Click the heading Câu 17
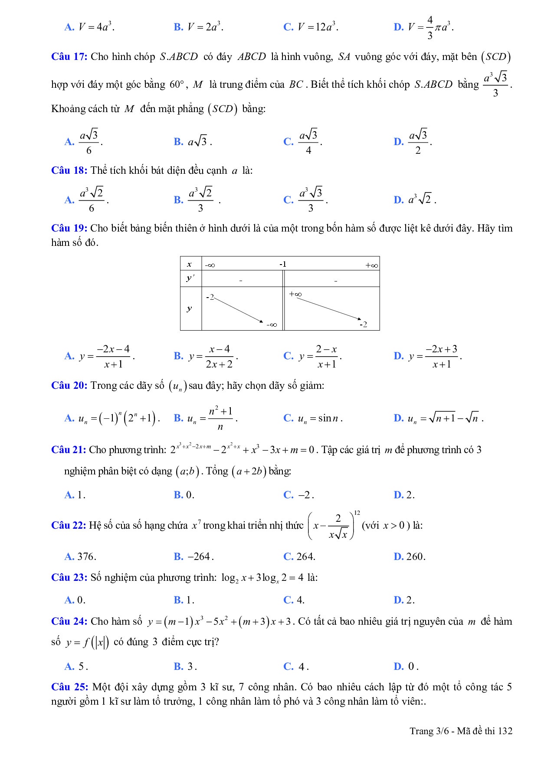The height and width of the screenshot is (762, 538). coord(69,57)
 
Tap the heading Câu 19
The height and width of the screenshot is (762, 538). coord(69,228)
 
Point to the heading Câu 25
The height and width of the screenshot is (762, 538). coord(69,687)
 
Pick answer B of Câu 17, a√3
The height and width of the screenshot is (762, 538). coord(193,142)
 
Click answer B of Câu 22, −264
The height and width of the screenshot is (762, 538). coord(194,557)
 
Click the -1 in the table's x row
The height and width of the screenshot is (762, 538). coord(283,264)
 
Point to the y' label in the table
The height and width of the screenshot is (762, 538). coord(190,278)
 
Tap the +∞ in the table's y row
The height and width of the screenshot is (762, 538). coord(295,294)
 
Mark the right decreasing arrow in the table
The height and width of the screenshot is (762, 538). coord(328,308)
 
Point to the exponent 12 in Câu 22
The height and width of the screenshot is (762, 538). coord(357,513)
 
